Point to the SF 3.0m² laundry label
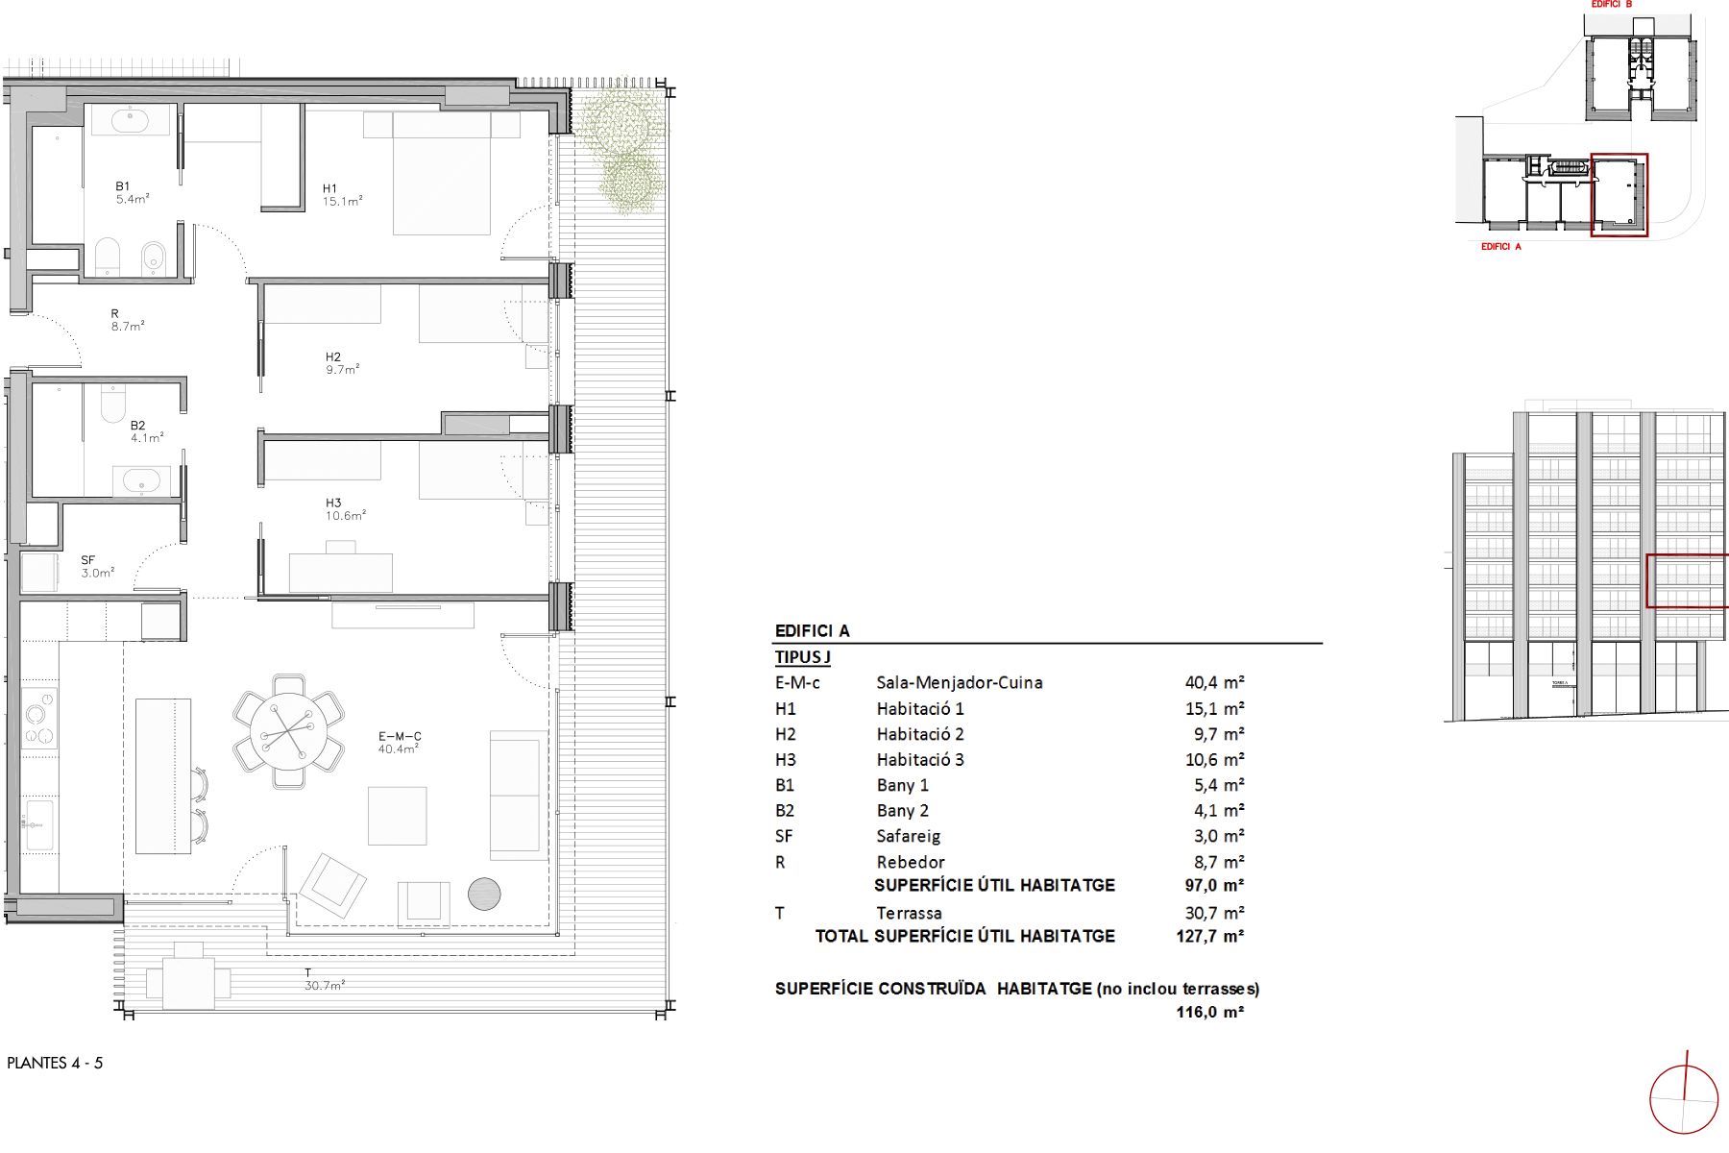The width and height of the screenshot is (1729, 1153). [97, 567]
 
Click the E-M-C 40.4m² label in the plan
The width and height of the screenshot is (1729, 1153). [399, 743]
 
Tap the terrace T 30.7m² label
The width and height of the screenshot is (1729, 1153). [324, 980]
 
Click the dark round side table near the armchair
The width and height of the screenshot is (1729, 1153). [484, 894]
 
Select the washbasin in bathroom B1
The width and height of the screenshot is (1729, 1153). [129, 120]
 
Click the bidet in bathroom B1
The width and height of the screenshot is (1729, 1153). [153, 257]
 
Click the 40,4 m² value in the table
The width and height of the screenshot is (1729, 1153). [1214, 682]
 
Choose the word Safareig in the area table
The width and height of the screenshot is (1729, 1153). [908, 836]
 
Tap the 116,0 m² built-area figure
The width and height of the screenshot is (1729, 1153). [1209, 1012]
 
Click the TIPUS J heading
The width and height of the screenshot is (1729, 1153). [802, 657]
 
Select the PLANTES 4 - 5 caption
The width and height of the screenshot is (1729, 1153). [55, 1063]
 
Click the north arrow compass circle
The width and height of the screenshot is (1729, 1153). [1683, 1099]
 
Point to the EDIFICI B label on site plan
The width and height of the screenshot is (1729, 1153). [1611, 5]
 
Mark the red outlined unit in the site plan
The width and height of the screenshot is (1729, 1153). [1619, 195]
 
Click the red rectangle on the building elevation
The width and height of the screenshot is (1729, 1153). [1687, 580]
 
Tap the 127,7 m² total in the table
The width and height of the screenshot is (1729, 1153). [1209, 936]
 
